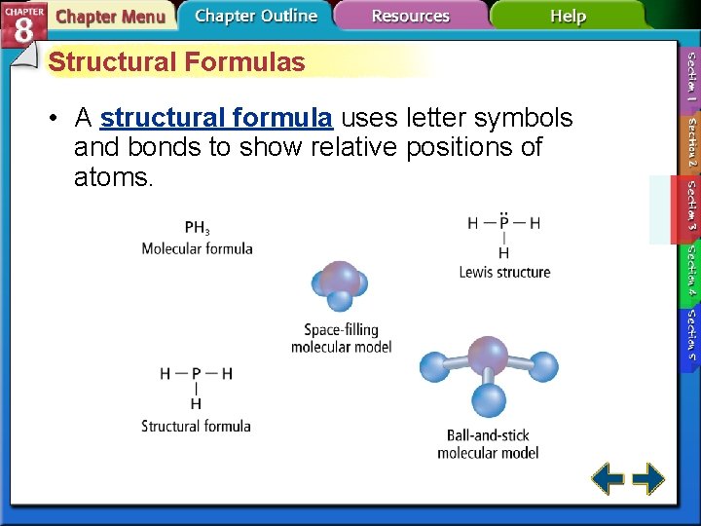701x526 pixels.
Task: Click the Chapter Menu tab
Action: (109, 17)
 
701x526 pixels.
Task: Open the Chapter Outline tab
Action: (255, 16)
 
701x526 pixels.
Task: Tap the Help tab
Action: (568, 16)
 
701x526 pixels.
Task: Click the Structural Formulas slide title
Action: (176, 62)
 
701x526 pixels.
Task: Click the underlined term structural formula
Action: (216, 118)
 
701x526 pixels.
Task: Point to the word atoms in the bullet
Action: (113, 178)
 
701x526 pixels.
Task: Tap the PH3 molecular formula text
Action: (197, 228)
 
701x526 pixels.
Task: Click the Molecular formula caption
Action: (197, 248)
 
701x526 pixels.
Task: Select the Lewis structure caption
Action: (504, 272)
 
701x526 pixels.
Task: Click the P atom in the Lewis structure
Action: (503, 223)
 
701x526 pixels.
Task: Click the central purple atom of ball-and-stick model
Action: (488, 356)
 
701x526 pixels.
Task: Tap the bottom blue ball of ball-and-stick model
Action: (489, 399)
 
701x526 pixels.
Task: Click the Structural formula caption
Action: (196, 426)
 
